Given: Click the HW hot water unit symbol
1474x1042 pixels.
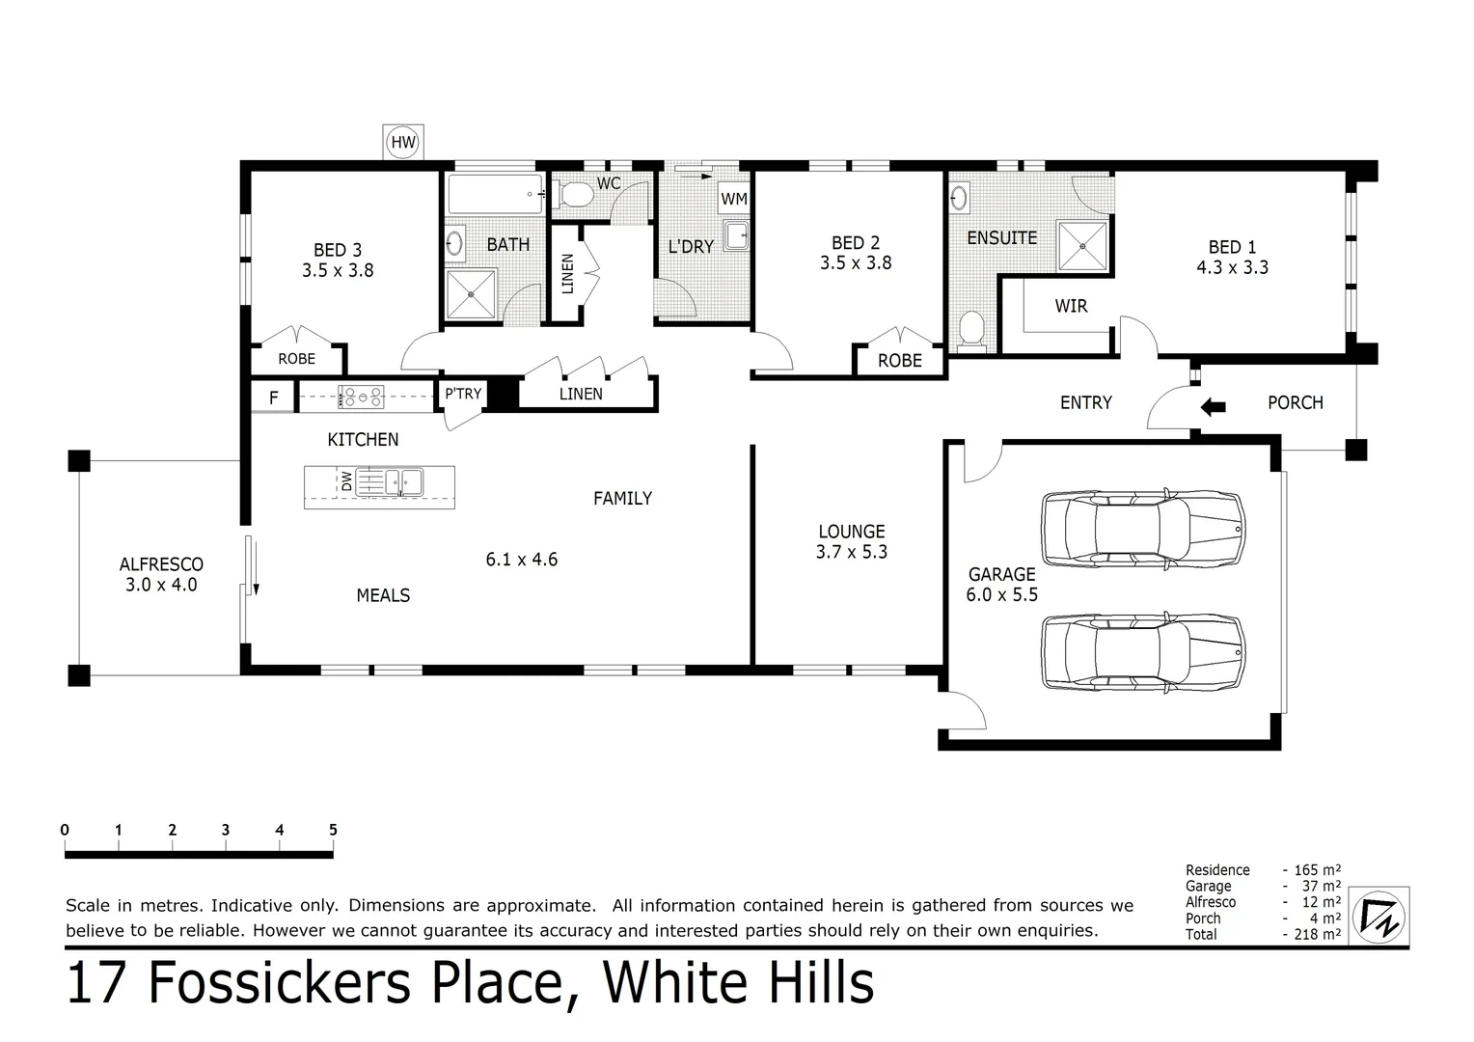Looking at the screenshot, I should (403, 144).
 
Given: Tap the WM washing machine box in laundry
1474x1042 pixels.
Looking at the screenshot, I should (734, 199).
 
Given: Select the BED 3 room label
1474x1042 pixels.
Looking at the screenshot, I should (338, 251).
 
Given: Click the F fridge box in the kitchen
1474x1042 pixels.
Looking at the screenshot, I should (274, 397).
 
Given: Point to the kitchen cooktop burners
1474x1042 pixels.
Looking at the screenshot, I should (361, 396).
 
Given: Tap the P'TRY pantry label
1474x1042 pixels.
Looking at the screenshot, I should (463, 394).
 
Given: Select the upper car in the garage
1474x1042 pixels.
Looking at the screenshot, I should (1143, 527).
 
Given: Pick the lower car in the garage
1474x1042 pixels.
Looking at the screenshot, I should (1143, 652).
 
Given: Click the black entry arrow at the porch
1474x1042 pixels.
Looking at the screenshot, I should (1212, 407).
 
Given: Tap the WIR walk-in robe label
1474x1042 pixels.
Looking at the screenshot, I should (1071, 306).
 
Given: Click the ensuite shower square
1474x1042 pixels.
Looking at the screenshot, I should (1082, 246).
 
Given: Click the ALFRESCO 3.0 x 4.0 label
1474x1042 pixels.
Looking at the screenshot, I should (161, 574).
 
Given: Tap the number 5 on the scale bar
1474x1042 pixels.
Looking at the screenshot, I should (333, 830).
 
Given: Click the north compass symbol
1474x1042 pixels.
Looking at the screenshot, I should (1380, 916).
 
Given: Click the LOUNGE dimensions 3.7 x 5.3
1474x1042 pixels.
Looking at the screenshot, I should (851, 552).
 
